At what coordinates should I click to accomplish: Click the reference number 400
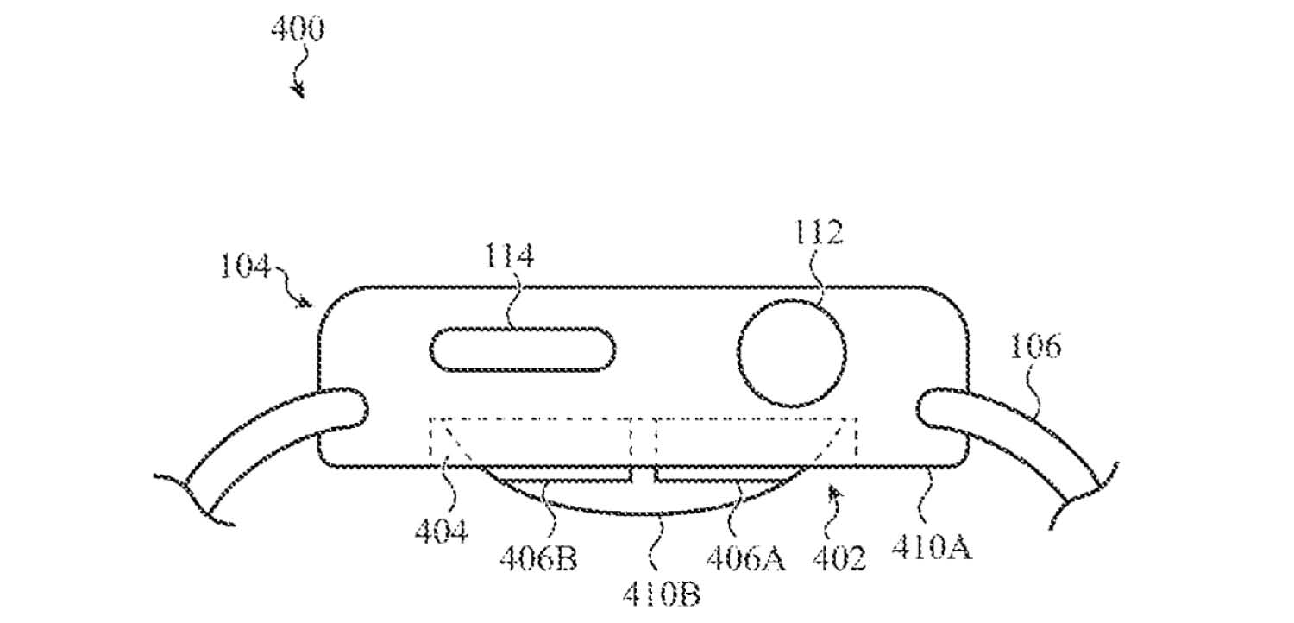(x=298, y=30)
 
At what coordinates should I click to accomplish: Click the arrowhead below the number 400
(x=299, y=90)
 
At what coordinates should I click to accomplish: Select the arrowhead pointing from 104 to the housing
(x=305, y=303)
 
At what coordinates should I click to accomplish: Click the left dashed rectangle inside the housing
(x=531, y=440)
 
